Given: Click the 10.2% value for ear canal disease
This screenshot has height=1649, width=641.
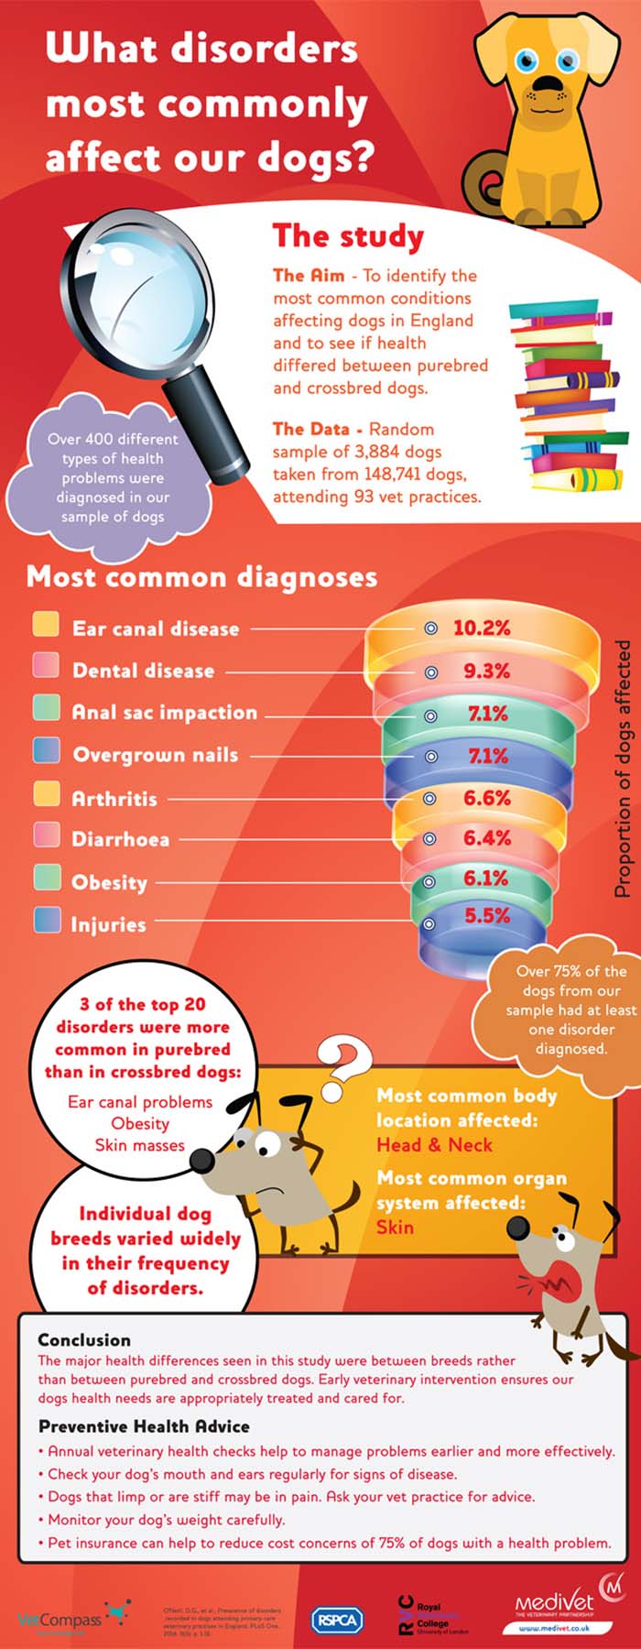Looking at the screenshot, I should (482, 628).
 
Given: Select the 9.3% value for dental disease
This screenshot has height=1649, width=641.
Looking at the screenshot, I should (486, 671).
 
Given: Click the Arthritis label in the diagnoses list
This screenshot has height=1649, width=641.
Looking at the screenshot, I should (114, 799).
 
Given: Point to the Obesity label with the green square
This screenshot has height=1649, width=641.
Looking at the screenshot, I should (109, 882).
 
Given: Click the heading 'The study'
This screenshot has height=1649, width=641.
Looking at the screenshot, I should (348, 235).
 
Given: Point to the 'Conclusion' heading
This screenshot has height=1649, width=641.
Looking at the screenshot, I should (84, 1339).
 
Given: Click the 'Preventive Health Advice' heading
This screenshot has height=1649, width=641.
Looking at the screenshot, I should (144, 1426).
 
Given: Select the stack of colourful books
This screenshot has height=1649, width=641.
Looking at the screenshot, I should (568, 394).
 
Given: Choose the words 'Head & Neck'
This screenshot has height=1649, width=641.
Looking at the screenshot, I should (434, 1144).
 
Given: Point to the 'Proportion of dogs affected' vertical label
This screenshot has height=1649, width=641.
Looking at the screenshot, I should (623, 770).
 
